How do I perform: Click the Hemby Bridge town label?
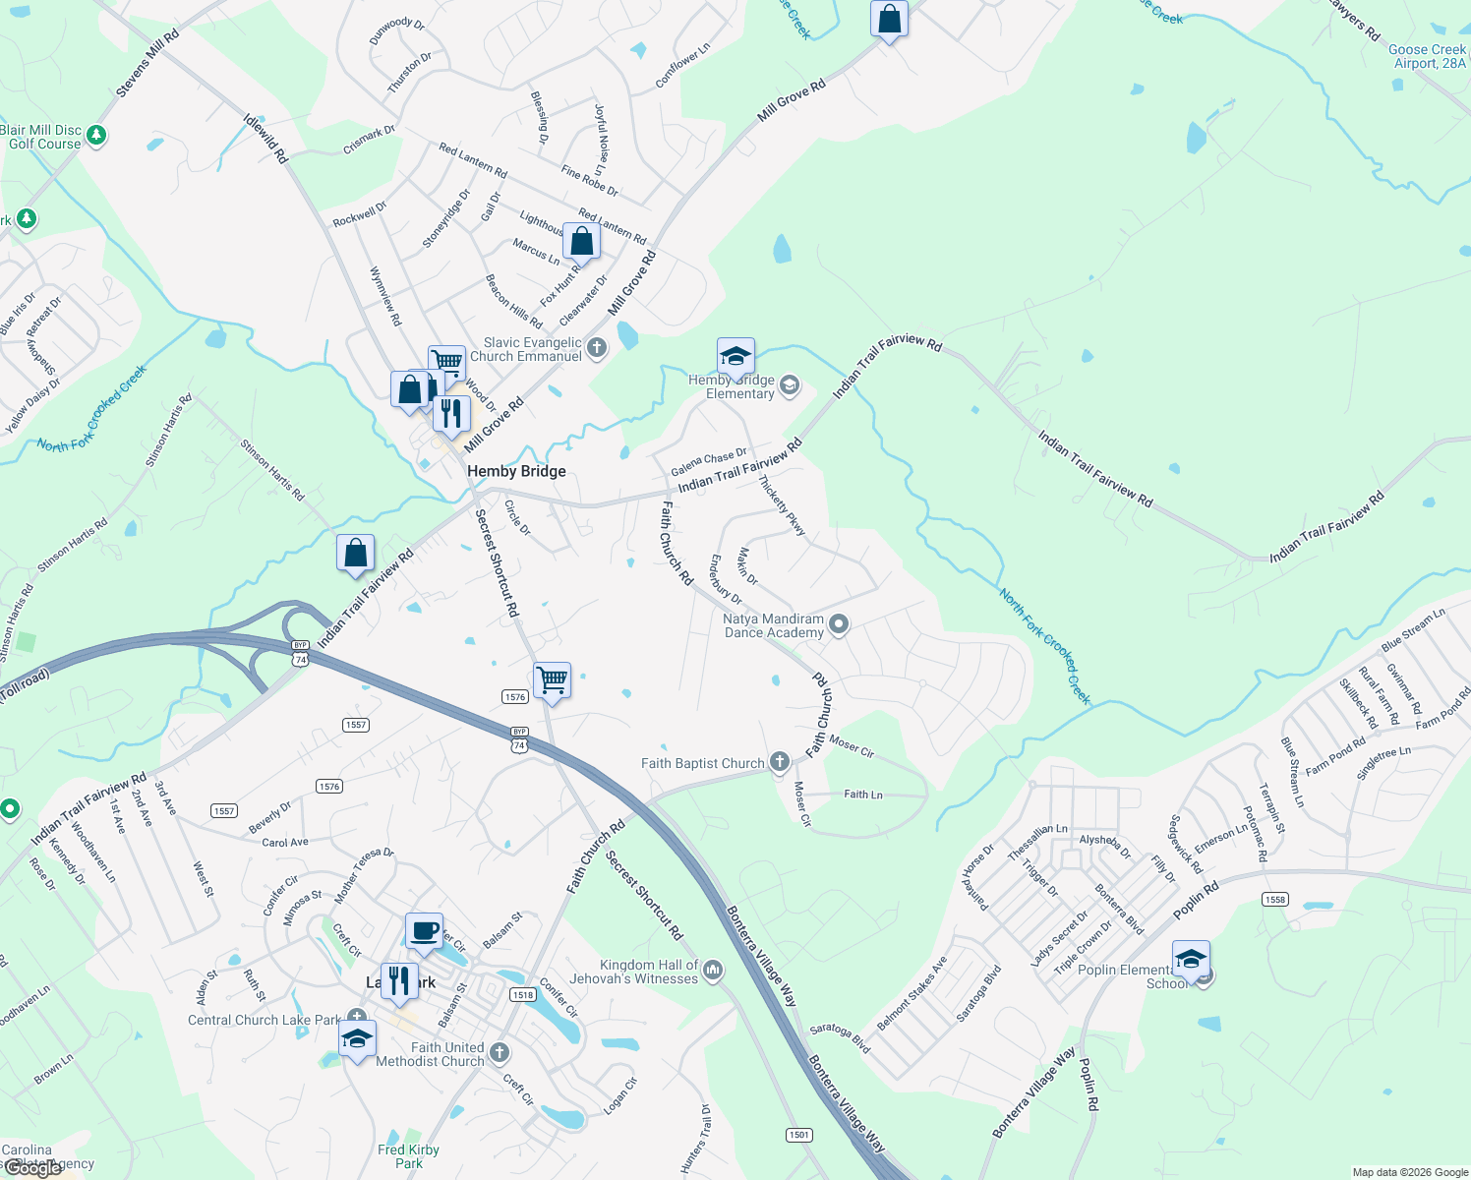point(516,471)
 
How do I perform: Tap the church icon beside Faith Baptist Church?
point(779,761)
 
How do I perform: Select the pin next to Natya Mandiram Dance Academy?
point(839,623)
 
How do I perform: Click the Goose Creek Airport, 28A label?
point(1429,56)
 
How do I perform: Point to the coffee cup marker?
point(425,930)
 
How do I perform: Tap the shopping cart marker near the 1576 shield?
point(552,678)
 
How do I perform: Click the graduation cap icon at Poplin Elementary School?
point(1191,959)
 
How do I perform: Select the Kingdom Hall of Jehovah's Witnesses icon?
point(713,971)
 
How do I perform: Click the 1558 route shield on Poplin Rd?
point(1275,899)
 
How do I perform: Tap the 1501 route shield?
point(799,1135)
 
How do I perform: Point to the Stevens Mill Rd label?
point(147,63)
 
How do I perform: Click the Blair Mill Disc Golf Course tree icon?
point(96,135)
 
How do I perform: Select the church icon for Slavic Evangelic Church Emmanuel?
point(597,347)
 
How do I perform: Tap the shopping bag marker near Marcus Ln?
point(581,242)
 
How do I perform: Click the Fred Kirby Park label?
point(409,1156)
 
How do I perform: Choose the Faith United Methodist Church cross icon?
point(500,1053)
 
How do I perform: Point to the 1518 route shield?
point(522,994)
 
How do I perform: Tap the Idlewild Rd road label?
point(265,138)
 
